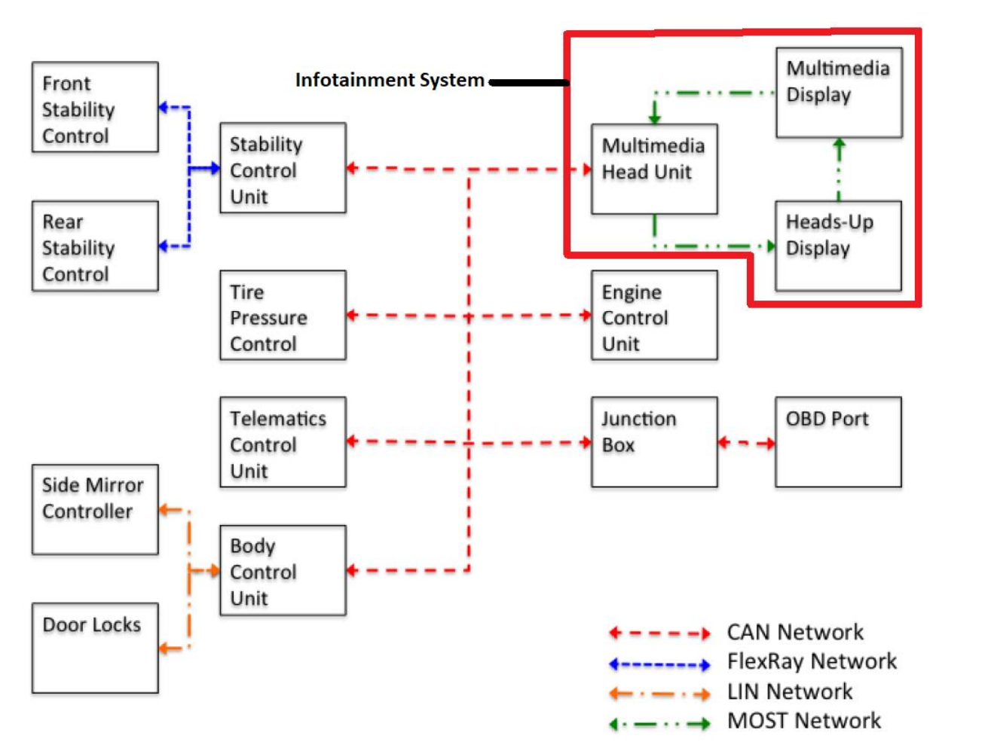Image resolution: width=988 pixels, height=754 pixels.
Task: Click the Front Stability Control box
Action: click(x=95, y=108)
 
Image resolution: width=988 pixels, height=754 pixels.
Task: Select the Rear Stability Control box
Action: click(x=95, y=246)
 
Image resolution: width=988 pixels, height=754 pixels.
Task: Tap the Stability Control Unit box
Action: click(x=283, y=168)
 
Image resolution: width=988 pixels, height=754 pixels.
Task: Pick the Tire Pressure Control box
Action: click(x=283, y=316)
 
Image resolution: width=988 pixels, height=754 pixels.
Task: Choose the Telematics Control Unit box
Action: click(x=283, y=442)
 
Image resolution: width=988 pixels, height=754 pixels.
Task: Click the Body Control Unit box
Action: click(x=283, y=570)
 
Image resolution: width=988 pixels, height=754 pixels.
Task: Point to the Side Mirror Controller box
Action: click(x=95, y=510)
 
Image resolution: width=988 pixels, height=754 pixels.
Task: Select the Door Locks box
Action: click(x=95, y=648)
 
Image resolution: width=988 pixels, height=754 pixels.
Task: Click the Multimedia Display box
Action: click(x=839, y=93)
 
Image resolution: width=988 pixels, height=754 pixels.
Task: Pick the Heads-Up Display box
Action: click(x=838, y=246)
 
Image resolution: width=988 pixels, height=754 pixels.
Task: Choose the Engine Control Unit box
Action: click(x=654, y=316)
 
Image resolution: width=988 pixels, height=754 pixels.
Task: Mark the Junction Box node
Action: click(x=654, y=442)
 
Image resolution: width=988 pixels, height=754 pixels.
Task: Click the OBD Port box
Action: click(x=838, y=442)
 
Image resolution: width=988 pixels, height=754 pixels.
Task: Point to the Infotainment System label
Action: click(x=390, y=80)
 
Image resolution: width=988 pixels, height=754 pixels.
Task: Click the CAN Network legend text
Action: click(x=795, y=632)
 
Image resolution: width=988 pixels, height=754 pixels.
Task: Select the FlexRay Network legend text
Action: click(x=812, y=661)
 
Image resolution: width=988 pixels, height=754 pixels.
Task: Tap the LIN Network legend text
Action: click(x=789, y=691)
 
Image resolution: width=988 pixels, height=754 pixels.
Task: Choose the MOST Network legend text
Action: click(x=803, y=721)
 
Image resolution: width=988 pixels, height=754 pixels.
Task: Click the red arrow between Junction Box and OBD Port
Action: click(x=746, y=443)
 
